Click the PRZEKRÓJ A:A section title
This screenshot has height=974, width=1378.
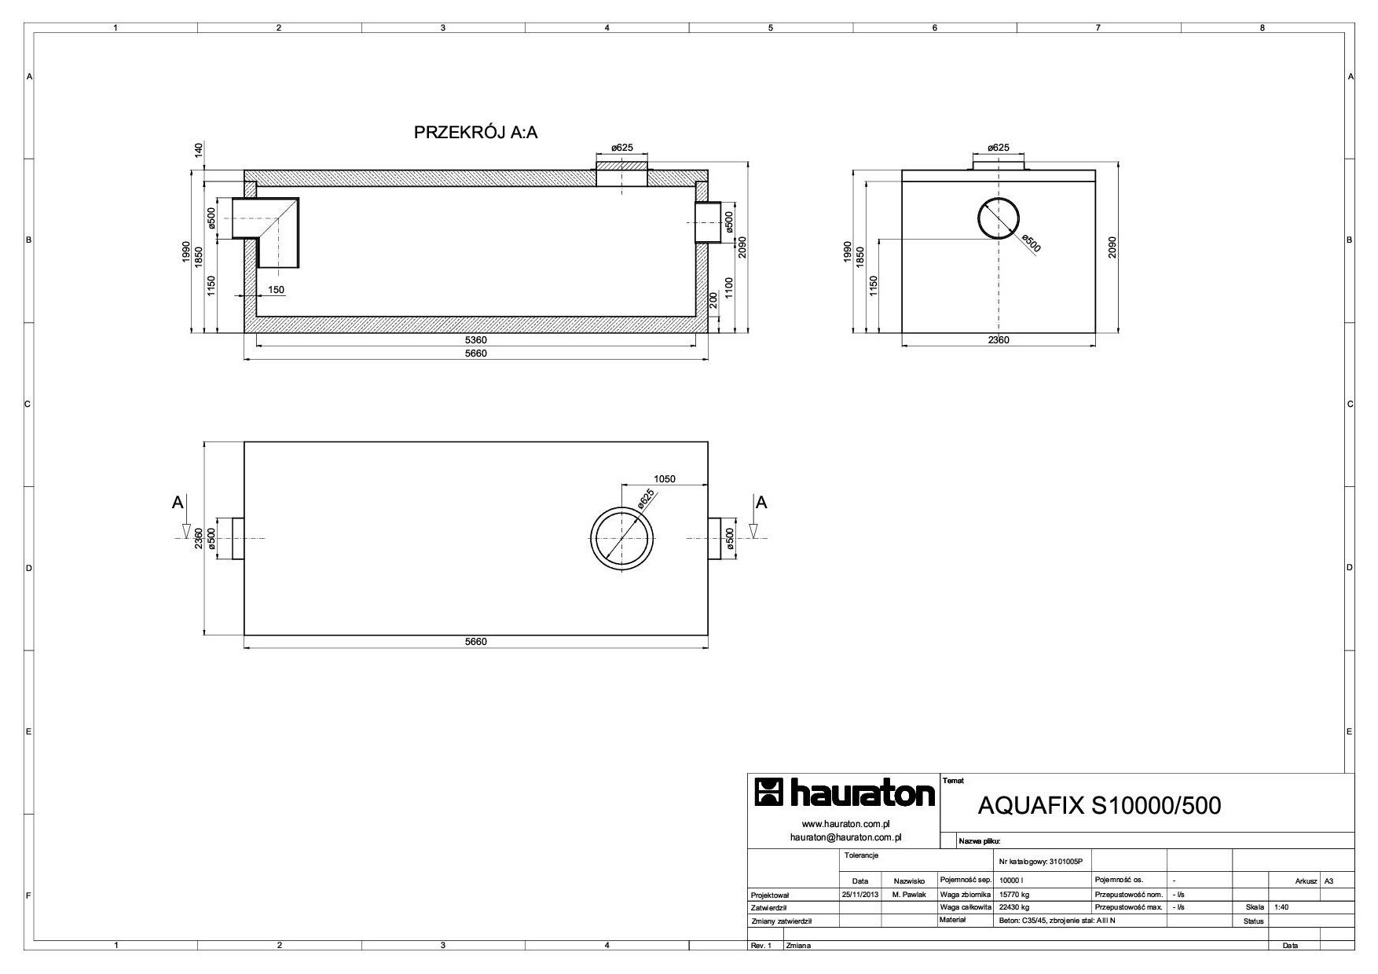476,133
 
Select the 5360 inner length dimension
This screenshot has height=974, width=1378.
476,340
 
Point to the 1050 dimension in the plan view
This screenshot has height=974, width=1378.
665,479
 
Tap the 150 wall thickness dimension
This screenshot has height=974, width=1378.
276,290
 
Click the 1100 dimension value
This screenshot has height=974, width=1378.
730,288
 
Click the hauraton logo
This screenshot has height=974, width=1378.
845,793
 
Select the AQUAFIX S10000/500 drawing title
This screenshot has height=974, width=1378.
1100,806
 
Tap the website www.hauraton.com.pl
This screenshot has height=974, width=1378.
845,824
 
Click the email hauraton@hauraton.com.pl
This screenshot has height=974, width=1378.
845,837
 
